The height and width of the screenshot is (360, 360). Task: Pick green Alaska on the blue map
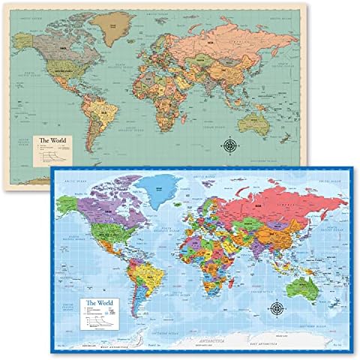[68, 203]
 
